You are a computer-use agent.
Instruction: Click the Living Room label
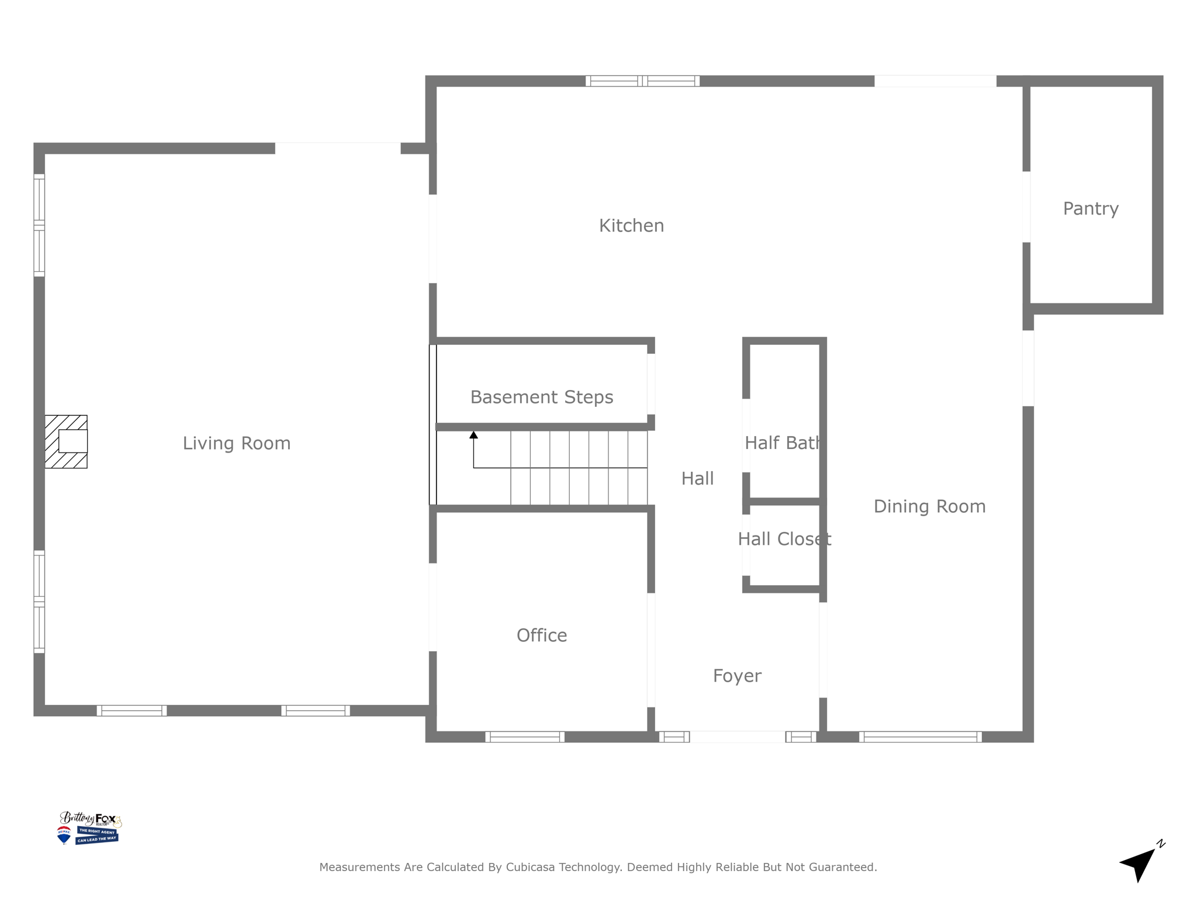pyautogui.click(x=236, y=443)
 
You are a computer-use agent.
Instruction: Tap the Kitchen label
pyautogui.click(x=631, y=226)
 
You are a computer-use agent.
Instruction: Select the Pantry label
pyautogui.click(x=1091, y=209)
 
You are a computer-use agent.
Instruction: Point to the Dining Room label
pyautogui.click(x=929, y=506)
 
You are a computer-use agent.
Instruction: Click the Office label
pyautogui.click(x=542, y=635)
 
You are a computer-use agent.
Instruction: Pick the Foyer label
pyautogui.click(x=737, y=676)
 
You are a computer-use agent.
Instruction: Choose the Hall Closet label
pyautogui.click(x=784, y=539)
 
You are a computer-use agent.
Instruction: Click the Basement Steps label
pyautogui.click(x=542, y=398)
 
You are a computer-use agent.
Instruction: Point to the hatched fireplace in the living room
pyautogui.click(x=66, y=441)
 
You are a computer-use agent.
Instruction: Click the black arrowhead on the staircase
pyautogui.click(x=473, y=435)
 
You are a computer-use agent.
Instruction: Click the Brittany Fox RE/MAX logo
pyautogui.click(x=89, y=828)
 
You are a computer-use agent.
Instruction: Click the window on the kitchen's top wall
pyautogui.click(x=642, y=81)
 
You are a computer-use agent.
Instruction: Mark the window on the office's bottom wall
pyautogui.click(x=525, y=737)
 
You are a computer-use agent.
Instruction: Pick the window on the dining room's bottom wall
pyautogui.click(x=920, y=737)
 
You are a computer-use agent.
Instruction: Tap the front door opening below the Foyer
pyautogui.click(x=737, y=737)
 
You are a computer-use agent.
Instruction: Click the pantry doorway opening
pyautogui.click(x=1026, y=207)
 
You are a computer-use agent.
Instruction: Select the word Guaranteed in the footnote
pyautogui.click(x=845, y=867)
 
